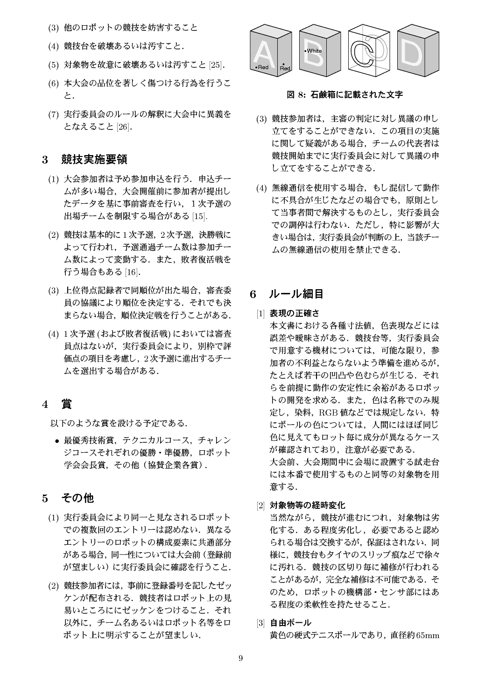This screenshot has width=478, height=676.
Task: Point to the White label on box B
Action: (x=314, y=50)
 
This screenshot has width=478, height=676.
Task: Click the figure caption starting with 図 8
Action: (x=344, y=94)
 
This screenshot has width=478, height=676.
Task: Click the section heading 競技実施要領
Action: (x=94, y=159)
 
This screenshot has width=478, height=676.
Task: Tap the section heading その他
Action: (x=77, y=498)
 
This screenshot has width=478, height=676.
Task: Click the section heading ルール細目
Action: (x=295, y=294)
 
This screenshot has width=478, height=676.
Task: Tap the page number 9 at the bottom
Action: (x=240, y=659)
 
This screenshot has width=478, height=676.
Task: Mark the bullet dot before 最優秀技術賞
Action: (x=56, y=441)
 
